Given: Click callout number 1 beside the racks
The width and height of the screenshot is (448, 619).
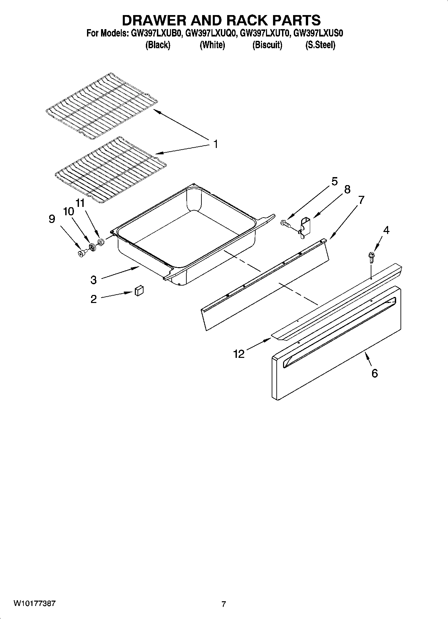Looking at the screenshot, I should (216, 144).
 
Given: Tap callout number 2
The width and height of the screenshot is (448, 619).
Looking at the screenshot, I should (93, 299).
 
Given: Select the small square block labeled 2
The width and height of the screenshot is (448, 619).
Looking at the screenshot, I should (139, 291).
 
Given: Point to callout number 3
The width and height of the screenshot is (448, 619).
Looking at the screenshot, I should (93, 280).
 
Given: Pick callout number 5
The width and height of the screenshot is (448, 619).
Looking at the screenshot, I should (334, 181).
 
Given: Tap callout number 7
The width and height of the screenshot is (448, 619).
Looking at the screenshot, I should (361, 200).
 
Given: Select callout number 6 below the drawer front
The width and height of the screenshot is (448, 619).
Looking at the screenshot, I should (374, 373).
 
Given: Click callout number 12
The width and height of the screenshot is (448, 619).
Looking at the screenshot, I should (239, 354).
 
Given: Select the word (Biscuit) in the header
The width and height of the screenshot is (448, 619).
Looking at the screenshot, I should (267, 45).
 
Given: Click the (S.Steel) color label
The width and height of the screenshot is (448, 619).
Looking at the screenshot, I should (320, 45).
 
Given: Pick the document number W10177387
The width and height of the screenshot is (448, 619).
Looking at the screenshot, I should (35, 603).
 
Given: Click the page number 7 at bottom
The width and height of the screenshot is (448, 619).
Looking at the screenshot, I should (223, 604).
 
